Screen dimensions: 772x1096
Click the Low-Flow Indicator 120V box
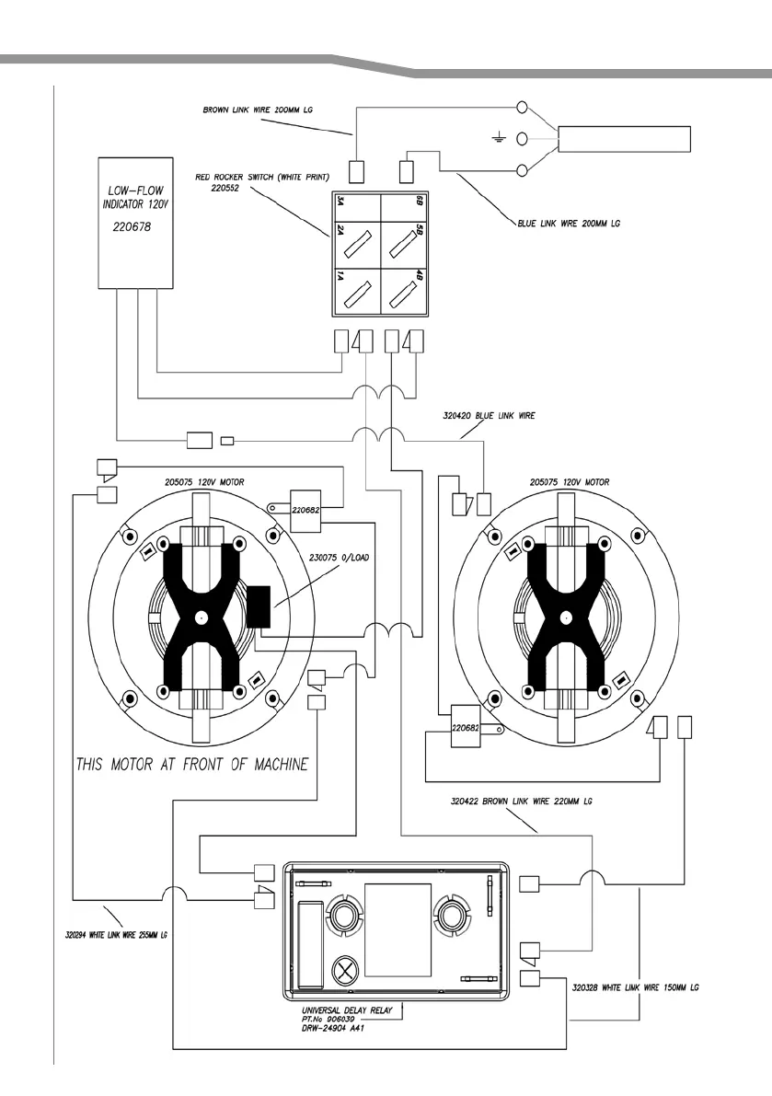135,223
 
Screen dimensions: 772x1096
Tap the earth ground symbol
498,138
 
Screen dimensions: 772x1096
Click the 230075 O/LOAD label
339,558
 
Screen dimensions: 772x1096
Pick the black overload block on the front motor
259,606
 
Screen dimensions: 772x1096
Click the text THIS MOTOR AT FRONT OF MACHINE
192,764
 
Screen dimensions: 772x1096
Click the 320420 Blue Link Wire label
489,415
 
